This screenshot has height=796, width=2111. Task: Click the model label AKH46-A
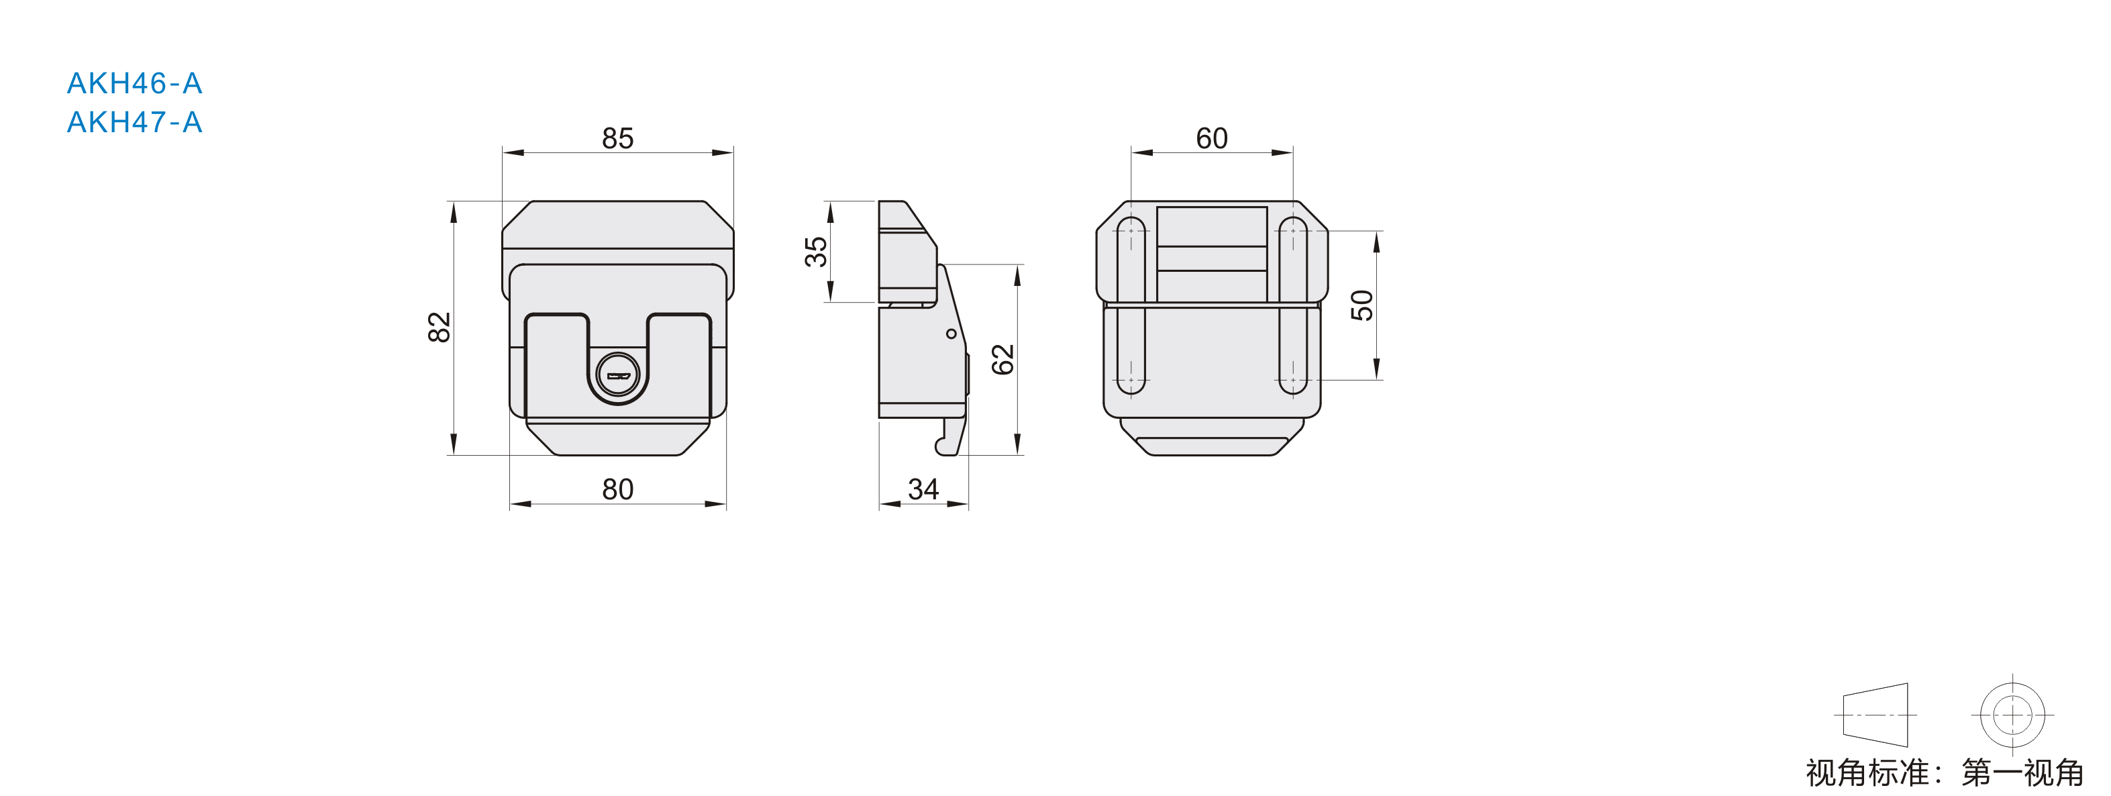pyautogui.click(x=134, y=83)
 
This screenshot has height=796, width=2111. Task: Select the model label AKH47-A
pyautogui.click(x=134, y=122)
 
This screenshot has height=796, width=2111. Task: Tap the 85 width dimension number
pyautogui.click(x=618, y=138)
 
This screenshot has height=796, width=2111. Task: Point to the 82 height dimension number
pyautogui.click(x=440, y=327)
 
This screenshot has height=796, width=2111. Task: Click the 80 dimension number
pyautogui.click(x=618, y=489)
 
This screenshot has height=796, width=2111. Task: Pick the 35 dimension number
pyautogui.click(x=815, y=252)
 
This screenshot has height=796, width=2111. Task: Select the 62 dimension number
pyautogui.click(x=1002, y=360)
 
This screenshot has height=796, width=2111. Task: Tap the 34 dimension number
pyautogui.click(x=923, y=489)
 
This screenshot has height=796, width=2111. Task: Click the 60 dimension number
pyautogui.click(x=1211, y=138)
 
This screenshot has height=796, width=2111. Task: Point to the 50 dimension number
pyautogui.click(x=1361, y=305)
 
